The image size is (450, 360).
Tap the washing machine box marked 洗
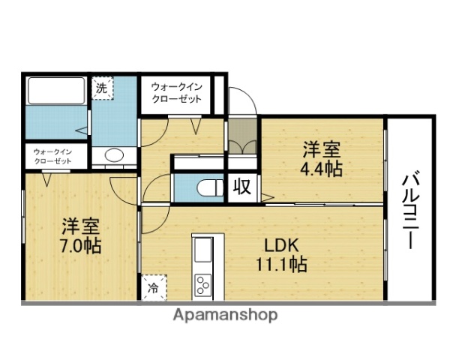102,87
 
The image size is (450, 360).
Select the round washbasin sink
114,156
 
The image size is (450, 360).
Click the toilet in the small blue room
207,186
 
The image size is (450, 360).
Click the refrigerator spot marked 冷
153,286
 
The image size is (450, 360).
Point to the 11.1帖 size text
281,264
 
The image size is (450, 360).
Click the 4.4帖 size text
323,167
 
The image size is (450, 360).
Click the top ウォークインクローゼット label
176,93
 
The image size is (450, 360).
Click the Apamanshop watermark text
225,315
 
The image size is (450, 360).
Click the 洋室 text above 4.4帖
323,148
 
